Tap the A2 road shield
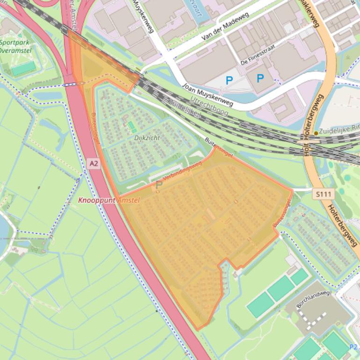tap(94, 163)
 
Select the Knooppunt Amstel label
tap(109, 200)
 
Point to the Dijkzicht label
tap(147, 138)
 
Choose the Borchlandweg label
tap(313, 300)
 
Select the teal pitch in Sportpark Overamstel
tap(23, 68)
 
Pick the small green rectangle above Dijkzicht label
tap(132, 126)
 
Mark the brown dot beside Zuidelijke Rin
tap(316, 133)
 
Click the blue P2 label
tap(354, 347)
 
